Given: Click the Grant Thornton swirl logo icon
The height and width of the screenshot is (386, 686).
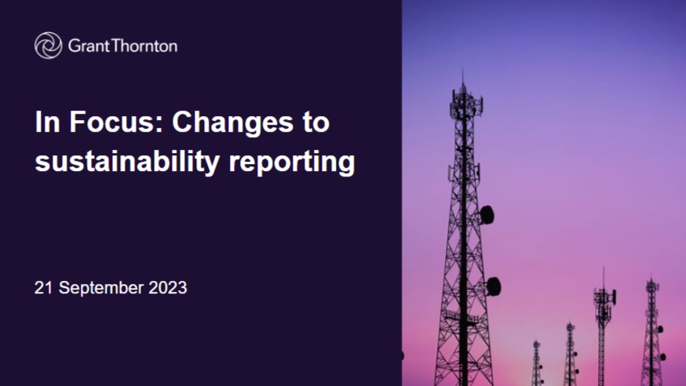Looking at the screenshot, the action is point(48,46).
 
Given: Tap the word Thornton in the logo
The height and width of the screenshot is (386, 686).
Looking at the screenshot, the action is point(144,46).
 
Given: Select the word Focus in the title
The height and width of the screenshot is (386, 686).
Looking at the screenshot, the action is point(116,122).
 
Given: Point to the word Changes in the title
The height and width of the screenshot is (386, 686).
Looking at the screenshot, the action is point(232,123).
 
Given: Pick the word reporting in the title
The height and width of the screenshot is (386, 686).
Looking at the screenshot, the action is point(292,162).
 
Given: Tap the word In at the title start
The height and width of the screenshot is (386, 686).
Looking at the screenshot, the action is point(47,122).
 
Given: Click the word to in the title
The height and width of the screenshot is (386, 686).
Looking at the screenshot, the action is point(316,122).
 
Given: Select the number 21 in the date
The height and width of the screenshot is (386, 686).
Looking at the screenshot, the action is point(43,288).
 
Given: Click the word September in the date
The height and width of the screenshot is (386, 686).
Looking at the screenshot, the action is point(100,289).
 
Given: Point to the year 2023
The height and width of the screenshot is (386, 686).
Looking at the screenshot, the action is point(167,288).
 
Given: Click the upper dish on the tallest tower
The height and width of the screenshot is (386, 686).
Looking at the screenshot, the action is point(487,215).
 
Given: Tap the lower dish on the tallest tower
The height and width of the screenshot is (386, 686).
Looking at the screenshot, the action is point(494,286).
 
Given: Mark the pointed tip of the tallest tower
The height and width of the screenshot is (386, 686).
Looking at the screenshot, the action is point(463,69).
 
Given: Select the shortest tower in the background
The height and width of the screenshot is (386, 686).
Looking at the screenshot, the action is point(537,362).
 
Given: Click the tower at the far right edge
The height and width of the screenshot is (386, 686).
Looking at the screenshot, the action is point(653,332).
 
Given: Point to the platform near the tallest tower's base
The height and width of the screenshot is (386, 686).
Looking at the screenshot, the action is point(459,316).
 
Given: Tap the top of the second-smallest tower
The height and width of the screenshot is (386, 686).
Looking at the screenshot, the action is point(570,326).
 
